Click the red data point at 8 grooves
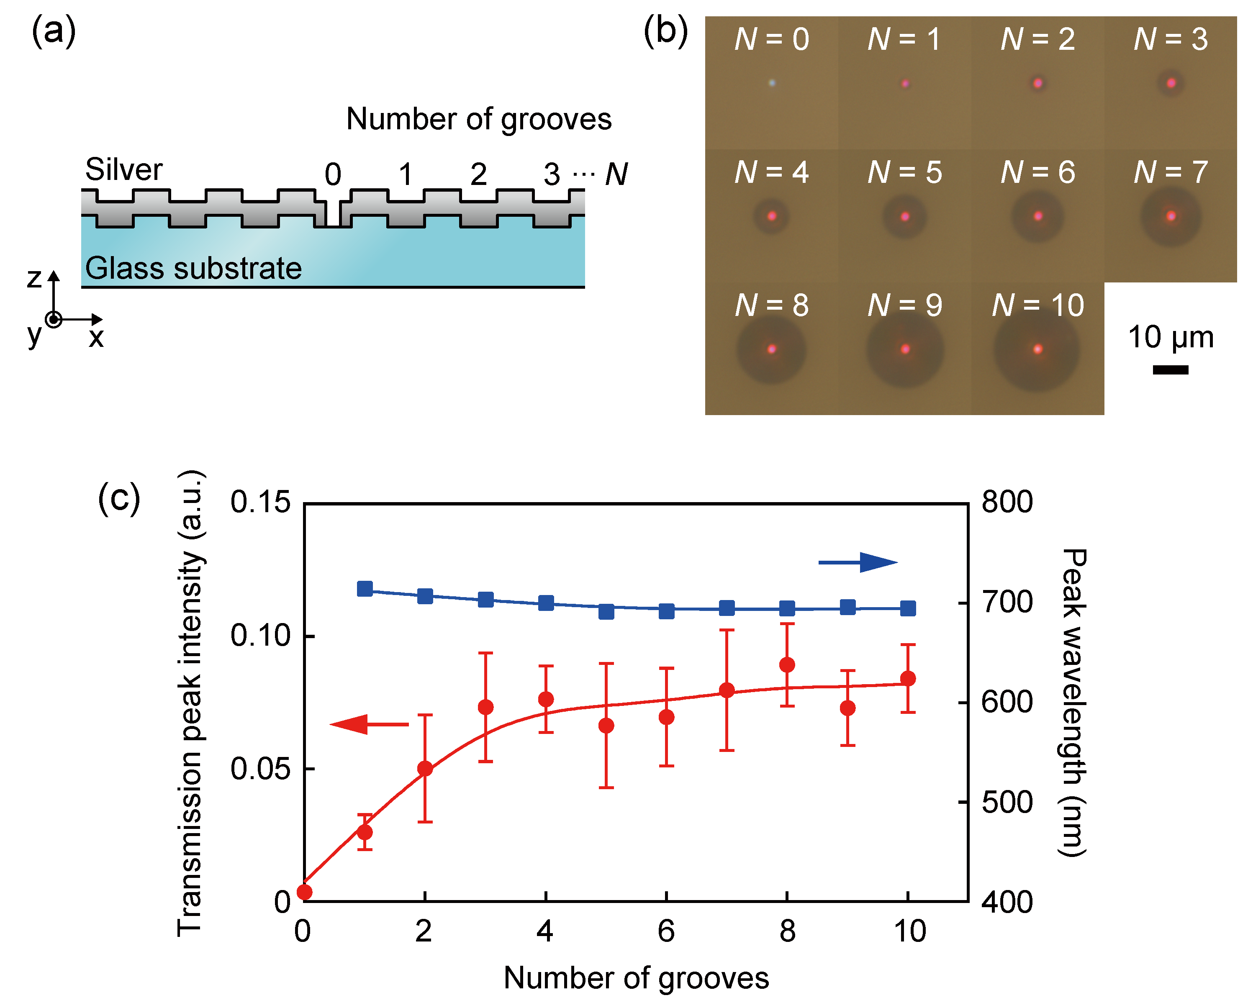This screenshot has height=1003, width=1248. click(x=787, y=664)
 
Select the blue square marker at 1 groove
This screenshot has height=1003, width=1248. click(x=365, y=589)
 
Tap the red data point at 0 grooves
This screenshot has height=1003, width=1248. click(x=305, y=892)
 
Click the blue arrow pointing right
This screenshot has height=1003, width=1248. click(x=858, y=562)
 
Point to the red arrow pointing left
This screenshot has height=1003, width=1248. click(x=369, y=724)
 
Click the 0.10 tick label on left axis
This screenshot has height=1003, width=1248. click(x=260, y=636)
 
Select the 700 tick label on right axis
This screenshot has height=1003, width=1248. click(x=1007, y=603)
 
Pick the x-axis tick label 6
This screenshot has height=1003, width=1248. click(x=666, y=931)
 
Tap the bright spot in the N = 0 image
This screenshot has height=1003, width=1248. click(x=772, y=83)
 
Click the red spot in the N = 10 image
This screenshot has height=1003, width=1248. click(x=1038, y=349)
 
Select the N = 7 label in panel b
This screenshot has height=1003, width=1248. click(x=1171, y=172)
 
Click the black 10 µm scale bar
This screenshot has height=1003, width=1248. click(x=1171, y=370)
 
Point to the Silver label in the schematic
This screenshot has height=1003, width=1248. click(x=124, y=169)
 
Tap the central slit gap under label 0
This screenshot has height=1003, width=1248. click(x=333, y=213)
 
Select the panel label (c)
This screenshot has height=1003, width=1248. click(x=119, y=498)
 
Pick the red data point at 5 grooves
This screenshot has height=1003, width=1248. click(x=606, y=726)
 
